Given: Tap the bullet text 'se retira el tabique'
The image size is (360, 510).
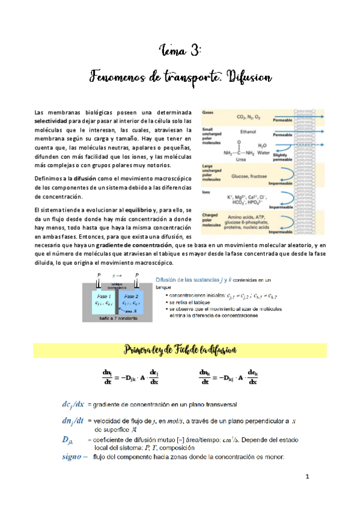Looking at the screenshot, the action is point(186,305).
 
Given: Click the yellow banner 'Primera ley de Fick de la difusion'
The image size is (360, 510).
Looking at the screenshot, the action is point(180,349).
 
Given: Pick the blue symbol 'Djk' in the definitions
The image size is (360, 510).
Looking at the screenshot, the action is point(70,440).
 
